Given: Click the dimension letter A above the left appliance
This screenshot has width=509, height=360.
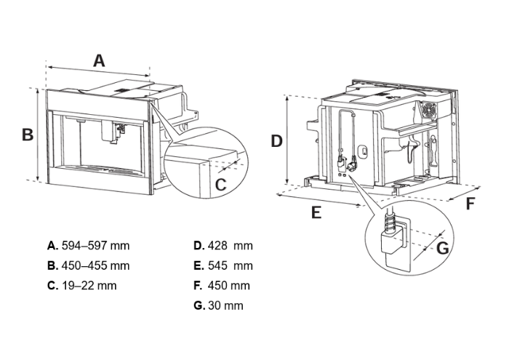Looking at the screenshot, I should [99, 60].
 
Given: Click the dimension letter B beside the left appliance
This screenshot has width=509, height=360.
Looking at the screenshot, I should [27, 135].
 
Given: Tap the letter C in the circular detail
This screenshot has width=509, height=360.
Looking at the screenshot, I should [221, 185].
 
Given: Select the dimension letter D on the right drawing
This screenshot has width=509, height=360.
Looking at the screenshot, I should [276, 141].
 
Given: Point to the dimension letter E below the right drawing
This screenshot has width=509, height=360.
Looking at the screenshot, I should [316, 212].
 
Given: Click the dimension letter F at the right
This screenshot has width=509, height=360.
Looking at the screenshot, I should [470, 204].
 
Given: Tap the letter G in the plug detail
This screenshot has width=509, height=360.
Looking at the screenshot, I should [443, 248].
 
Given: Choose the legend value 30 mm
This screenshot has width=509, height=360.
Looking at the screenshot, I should [225, 305].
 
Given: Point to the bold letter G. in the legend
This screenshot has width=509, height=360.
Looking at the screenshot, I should [199, 305].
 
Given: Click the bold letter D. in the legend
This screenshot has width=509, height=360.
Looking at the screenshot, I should [199, 246].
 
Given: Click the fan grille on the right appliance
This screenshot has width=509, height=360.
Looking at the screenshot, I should [430, 110].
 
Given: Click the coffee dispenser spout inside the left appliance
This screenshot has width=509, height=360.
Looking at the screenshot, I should [115, 130].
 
